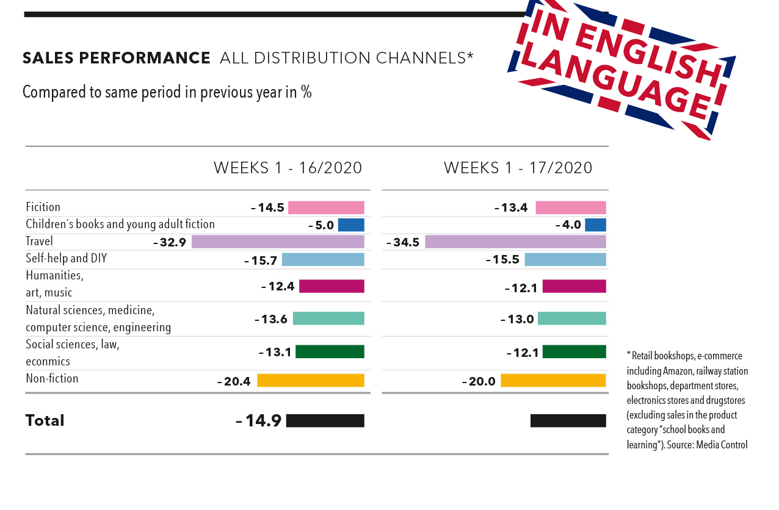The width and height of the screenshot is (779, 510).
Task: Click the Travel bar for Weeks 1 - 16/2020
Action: pos(278,242)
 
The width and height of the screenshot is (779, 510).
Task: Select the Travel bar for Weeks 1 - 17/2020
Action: pos(515,242)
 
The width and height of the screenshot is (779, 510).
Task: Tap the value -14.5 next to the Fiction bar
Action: pos(267,207)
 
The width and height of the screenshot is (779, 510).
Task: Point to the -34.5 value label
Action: pos(403,242)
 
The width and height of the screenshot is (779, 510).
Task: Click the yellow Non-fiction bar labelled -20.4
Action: pos(310,381)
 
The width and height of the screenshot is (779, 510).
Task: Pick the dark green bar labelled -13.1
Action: pos(330,351)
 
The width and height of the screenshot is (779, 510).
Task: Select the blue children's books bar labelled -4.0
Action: pos(595,224)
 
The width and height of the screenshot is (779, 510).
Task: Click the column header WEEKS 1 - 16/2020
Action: pos(288,168)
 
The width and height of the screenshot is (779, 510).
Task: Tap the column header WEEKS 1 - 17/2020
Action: pos(518,168)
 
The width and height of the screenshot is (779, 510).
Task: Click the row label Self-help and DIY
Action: pos(66,259)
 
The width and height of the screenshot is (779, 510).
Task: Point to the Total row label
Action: pos(45,420)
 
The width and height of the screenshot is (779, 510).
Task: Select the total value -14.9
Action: pos(258,420)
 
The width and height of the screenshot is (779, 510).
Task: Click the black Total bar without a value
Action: pos(568,420)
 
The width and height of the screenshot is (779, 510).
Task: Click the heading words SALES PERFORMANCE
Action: pos(116,58)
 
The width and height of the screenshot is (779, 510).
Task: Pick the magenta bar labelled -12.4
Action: pos(332,286)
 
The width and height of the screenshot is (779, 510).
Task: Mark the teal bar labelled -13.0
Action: pos(571,318)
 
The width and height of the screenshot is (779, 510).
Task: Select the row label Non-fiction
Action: pos(52,378)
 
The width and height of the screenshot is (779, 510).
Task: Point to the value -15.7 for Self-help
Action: pos(261,260)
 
